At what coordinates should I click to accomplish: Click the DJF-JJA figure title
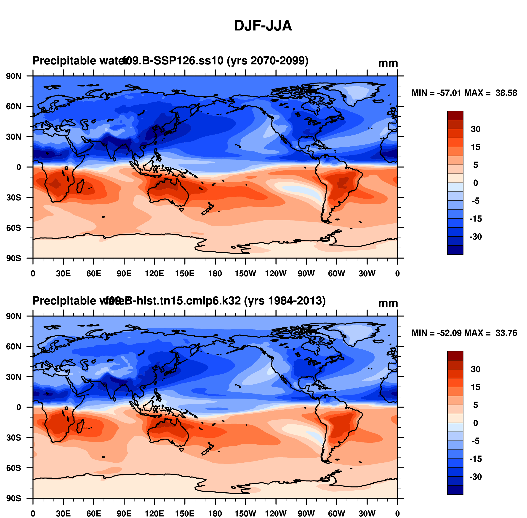(263, 26)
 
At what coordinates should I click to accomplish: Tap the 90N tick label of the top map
(13, 76)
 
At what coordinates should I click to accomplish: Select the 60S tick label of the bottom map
(13, 468)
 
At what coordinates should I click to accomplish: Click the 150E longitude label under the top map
(185, 274)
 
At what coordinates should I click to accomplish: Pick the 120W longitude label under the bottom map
(276, 514)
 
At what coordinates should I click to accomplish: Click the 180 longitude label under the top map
(215, 274)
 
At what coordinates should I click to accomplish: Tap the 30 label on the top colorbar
(476, 129)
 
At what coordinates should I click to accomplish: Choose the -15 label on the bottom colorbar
(476, 459)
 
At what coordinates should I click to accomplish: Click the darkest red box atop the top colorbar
(455, 115)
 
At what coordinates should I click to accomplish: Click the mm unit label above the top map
(388, 63)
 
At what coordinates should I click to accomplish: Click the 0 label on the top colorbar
(476, 183)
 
